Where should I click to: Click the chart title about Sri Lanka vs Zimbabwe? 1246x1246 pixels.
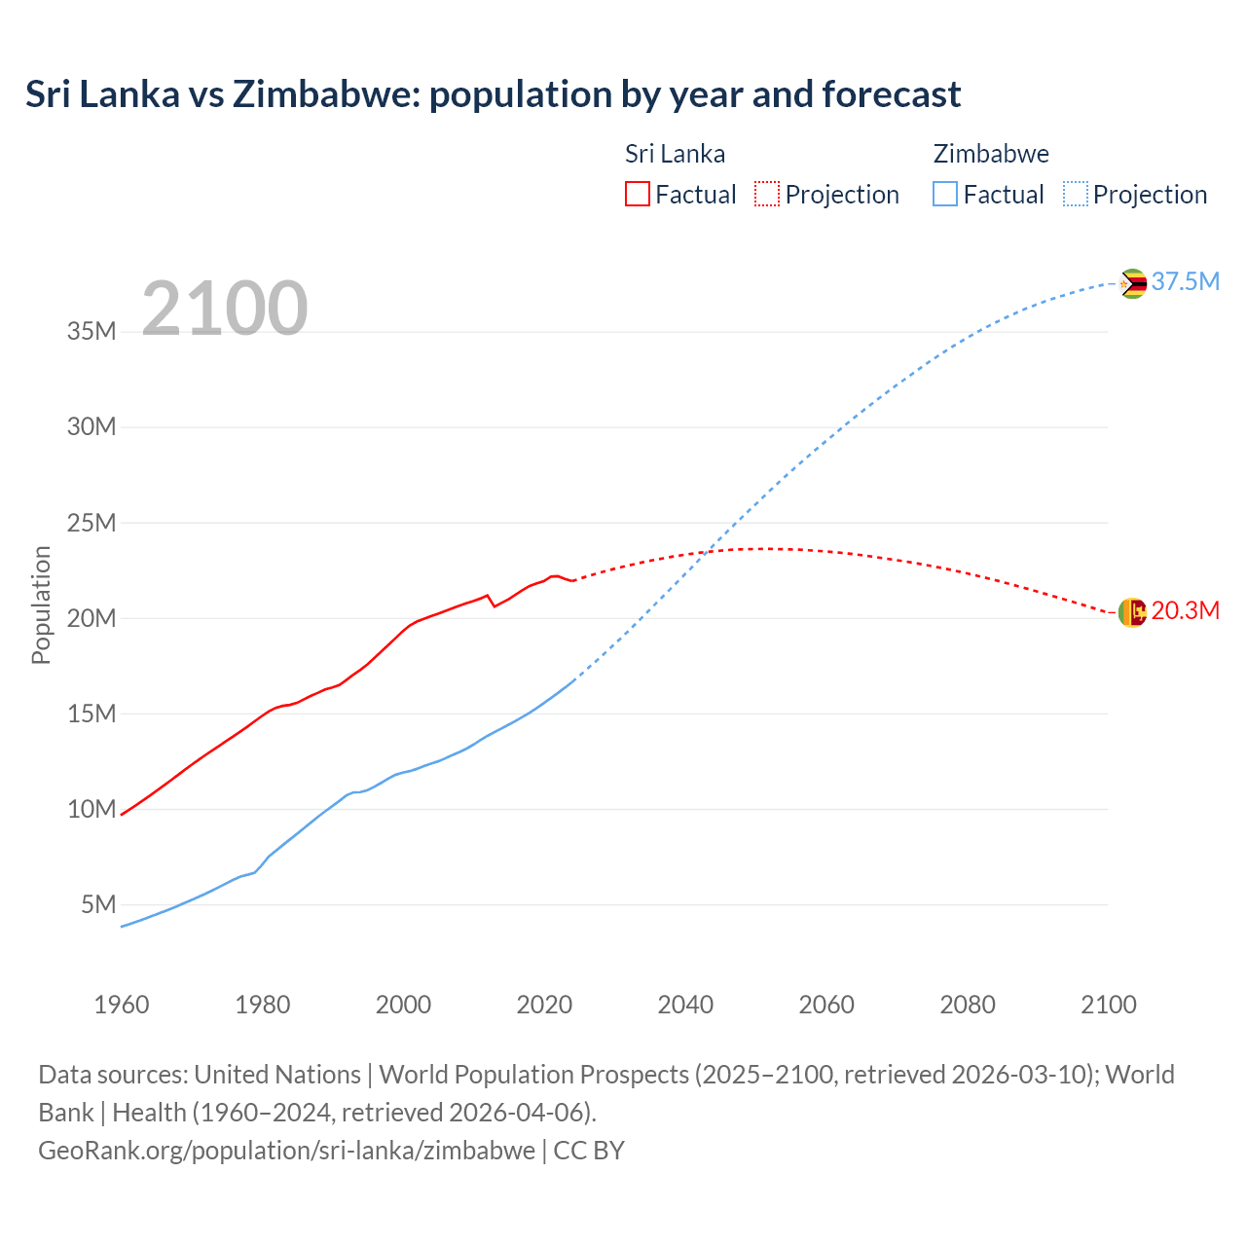pyautogui.click(x=493, y=94)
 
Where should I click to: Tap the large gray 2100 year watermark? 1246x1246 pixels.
pyautogui.click(x=225, y=309)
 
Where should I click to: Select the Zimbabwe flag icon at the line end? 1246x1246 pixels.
pyautogui.click(x=1132, y=283)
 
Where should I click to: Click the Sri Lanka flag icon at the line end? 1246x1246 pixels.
pyautogui.click(x=1132, y=612)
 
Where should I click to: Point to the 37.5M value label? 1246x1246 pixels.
pyautogui.click(x=1185, y=281)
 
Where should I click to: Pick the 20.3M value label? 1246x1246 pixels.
pyautogui.click(x=1185, y=610)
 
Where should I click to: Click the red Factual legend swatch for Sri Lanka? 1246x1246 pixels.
pyautogui.click(x=637, y=194)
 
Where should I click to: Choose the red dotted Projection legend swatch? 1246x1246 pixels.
pyautogui.click(x=767, y=194)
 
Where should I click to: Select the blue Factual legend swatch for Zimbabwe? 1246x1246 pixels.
pyautogui.click(x=945, y=194)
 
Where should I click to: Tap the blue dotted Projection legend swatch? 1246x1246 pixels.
pyautogui.click(x=1076, y=194)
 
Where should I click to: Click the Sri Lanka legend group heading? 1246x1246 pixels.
pyautogui.click(x=675, y=154)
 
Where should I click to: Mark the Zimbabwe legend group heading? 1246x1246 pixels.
pyautogui.click(x=991, y=154)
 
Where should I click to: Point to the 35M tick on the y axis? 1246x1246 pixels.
pyautogui.click(x=92, y=331)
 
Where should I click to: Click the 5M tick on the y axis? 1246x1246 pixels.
pyautogui.click(x=98, y=904)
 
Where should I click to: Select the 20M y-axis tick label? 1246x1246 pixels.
pyautogui.click(x=92, y=618)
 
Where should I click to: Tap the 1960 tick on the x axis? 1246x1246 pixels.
pyautogui.click(x=122, y=1005)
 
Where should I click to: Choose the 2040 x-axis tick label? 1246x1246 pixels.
pyautogui.click(x=685, y=1005)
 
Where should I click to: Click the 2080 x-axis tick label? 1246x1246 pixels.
pyautogui.click(x=968, y=1005)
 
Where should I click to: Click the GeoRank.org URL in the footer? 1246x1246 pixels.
pyautogui.click(x=286, y=1150)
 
